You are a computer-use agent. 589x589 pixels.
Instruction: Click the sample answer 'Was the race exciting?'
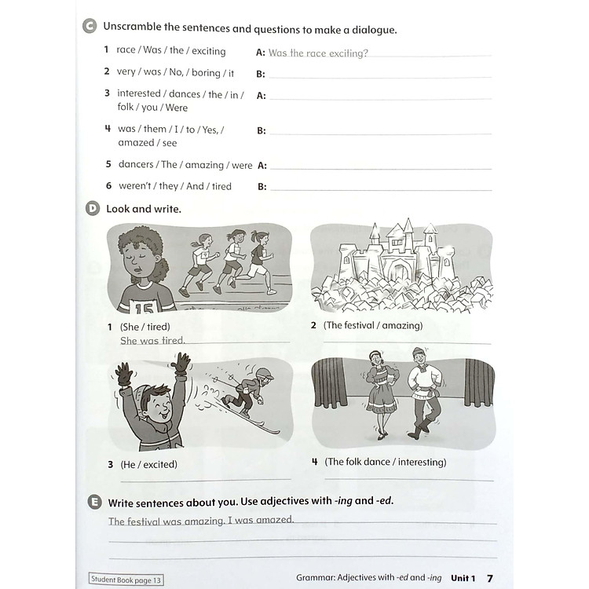[317, 53]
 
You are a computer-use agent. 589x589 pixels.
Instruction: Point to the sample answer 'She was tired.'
[152, 341]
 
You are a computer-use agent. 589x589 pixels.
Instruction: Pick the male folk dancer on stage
[421, 393]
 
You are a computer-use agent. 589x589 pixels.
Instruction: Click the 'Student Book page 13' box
[126, 580]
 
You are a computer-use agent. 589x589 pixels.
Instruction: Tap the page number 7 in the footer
[490, 578]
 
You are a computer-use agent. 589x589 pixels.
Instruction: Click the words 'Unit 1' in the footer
[463, 578]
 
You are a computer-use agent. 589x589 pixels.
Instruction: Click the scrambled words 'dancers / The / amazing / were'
[185, 165]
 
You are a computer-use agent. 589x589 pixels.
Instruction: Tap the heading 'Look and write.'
[143, 209]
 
